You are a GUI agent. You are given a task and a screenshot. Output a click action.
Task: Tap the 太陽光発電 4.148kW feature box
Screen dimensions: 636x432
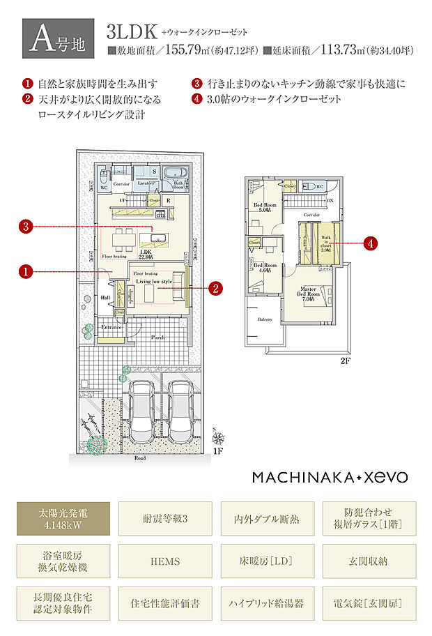click(x=64, y=520)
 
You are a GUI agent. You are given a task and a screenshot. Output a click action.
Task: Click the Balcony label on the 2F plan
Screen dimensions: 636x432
click(x=265, y=320)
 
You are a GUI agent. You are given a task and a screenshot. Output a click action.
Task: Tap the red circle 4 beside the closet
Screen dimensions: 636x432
click(x=371, y=243)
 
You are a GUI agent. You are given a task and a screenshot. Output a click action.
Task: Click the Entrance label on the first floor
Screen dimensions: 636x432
click(x=112, y=327)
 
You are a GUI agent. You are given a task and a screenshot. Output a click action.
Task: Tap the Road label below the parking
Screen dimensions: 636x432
click(x=141, y=460)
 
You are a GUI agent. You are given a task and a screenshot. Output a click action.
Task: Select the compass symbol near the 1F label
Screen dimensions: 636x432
click(x=219, y=438)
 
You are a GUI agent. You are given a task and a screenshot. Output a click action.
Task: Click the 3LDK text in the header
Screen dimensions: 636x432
click(x=130, y=32)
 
